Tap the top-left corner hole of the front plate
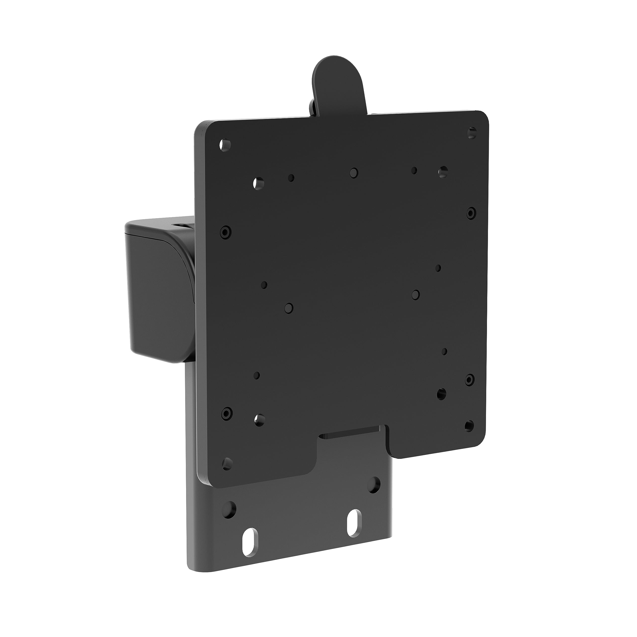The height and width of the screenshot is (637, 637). (224, 145)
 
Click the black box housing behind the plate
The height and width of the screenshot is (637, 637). (155, 290)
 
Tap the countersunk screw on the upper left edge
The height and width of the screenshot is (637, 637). (225, 232)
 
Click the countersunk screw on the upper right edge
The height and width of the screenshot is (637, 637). (471, 213)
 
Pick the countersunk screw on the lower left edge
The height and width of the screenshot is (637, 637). (226, 413)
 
